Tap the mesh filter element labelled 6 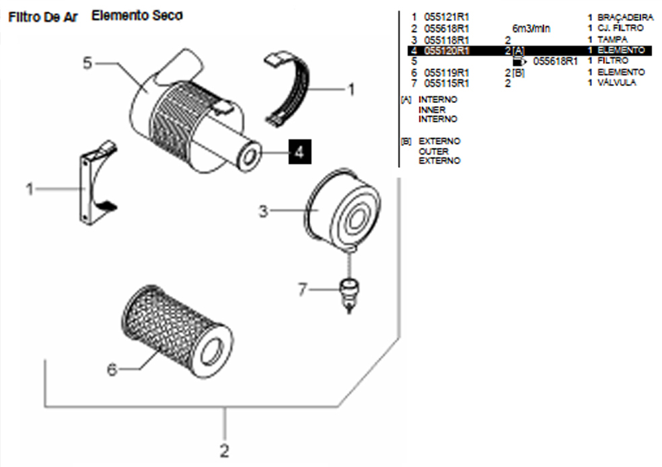[x=176, y=331]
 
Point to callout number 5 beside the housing [x=87, y=63]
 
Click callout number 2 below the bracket [x=225, y=448]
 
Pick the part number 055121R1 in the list [x=447, y=17]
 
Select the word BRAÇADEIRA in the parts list [x=625, y=17]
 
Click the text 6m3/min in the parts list [x=531, y=28]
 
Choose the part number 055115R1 [x=447, y=83]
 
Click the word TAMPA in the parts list [x=612, y=39]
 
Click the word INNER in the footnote [x=432, y=109]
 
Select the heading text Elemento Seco [x=137, y=15]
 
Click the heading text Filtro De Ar [x=43, y=16]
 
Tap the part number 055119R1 [x=447, y=72]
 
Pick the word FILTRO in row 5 [x=613, y=61]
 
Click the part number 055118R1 [x=447, y=39]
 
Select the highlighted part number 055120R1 [x=447, y=50]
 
